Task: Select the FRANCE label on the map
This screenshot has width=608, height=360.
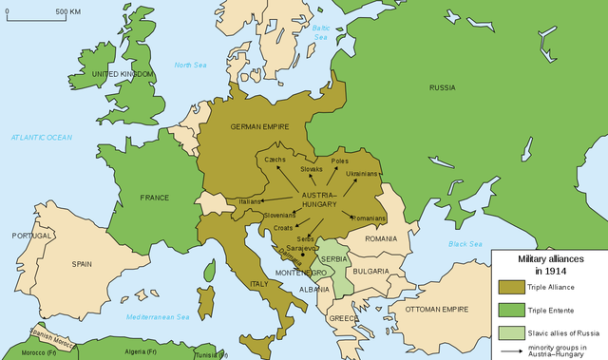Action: coord(154,198)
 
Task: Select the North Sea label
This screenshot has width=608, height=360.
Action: coord(189,64)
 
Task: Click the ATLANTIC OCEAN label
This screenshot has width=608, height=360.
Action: coord(42,138)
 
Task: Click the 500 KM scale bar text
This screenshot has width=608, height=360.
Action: coord(67,11)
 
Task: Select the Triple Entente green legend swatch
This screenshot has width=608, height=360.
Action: coord(511,310)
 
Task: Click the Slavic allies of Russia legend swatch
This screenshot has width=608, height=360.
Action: coord(511,333)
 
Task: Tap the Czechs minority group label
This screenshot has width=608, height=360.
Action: coord(275,160)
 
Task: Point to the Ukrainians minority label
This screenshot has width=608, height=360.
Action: coord(362,174)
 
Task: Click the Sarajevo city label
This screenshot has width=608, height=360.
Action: coord(301,244)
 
